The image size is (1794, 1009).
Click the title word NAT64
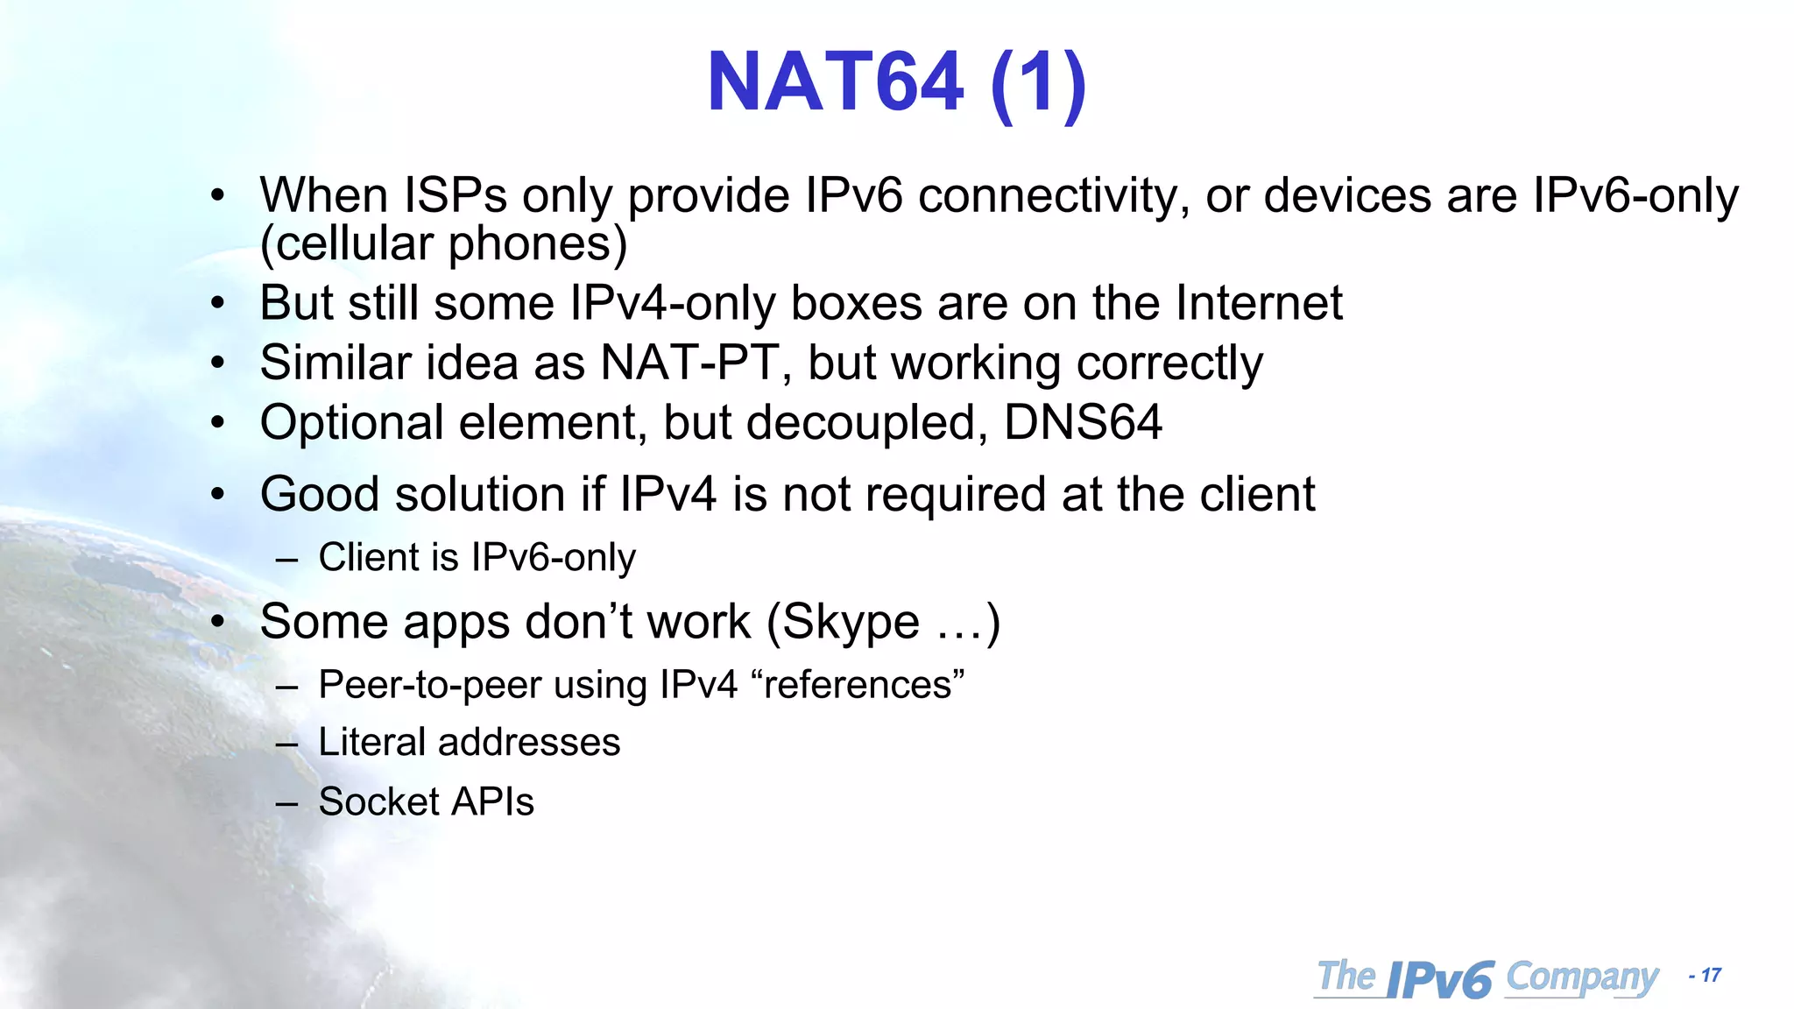(835, 82)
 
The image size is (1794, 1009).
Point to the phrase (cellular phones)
(444, 243)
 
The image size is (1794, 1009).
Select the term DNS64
(1083, 422)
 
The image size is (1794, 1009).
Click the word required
(956, 496)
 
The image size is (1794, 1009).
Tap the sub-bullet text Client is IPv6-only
(477, 557)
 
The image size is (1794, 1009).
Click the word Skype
(850, 624)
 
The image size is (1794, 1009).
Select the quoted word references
(858, 685)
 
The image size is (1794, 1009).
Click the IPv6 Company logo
(1487, 977)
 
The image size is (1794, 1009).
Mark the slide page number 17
(1710, 975)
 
